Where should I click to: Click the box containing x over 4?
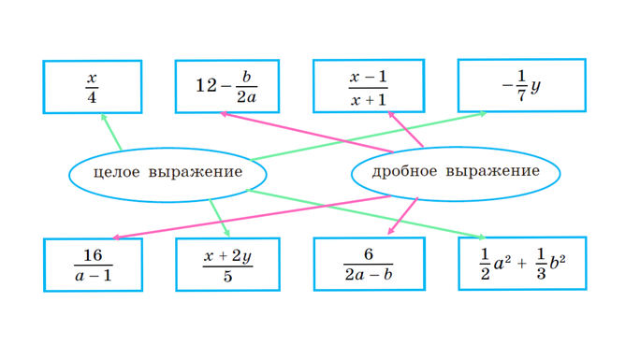[x=92, y=86]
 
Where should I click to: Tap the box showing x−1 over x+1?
[x=368, y=86]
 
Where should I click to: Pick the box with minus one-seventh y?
[x=521, y=86]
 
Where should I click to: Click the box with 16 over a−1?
[x=93, y=265]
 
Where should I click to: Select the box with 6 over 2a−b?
[x=368, y=264]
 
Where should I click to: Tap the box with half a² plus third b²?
[x=522, y=264]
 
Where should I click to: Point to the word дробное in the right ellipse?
[x=404, y=172]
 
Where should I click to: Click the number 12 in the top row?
[x=206, y=87]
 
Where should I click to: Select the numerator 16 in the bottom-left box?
[x=92, y=255]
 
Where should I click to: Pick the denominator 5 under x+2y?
[x=228, y=276]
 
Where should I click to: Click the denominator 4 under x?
[x=92, y=95]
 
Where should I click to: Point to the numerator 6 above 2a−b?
[x=369, y=254]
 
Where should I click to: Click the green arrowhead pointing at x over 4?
[x=104, y=117]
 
